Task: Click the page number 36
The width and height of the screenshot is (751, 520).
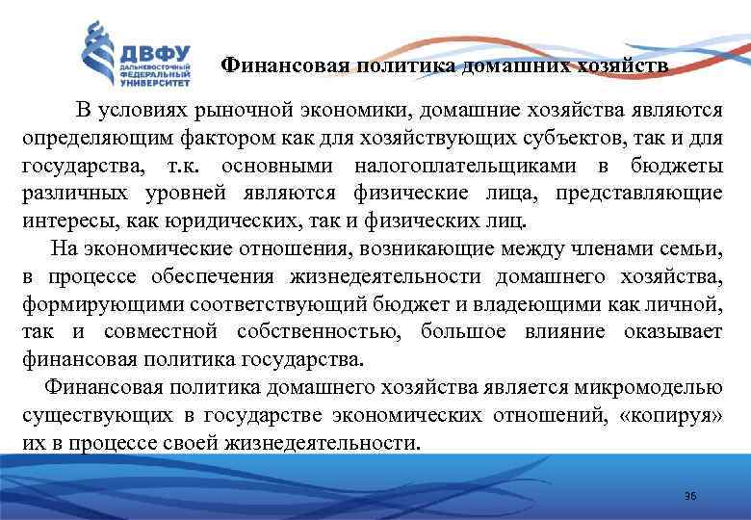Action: pos(689,495)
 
